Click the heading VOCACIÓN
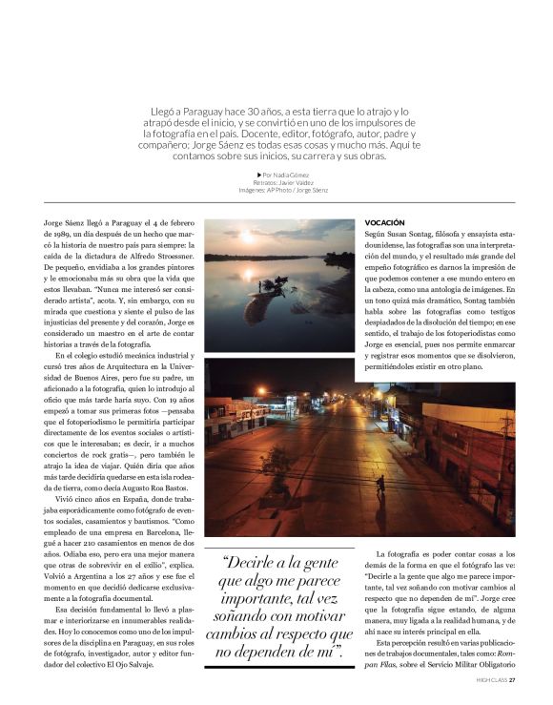[x=384, y=221]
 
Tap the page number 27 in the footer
[x=512, y=681]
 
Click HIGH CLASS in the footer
[x=491, y=681]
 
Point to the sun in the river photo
[x=248, y=236]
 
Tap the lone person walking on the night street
[x=380, y=486]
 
